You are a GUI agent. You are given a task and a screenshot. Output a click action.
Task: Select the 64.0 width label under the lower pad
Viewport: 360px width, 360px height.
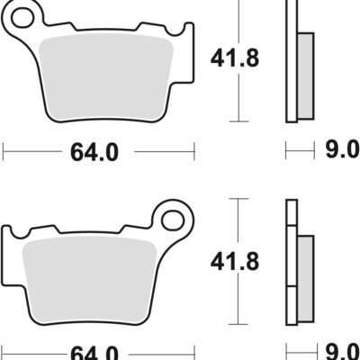click(94, 352)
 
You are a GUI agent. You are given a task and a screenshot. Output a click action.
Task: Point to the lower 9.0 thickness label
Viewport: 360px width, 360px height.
click(341, 352)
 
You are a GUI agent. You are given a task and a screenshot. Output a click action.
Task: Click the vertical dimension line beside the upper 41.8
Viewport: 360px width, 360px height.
click(238, 90)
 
